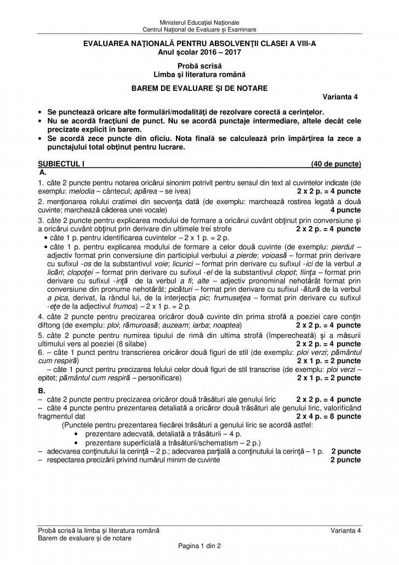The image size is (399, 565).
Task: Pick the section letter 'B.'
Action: (42, 391)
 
